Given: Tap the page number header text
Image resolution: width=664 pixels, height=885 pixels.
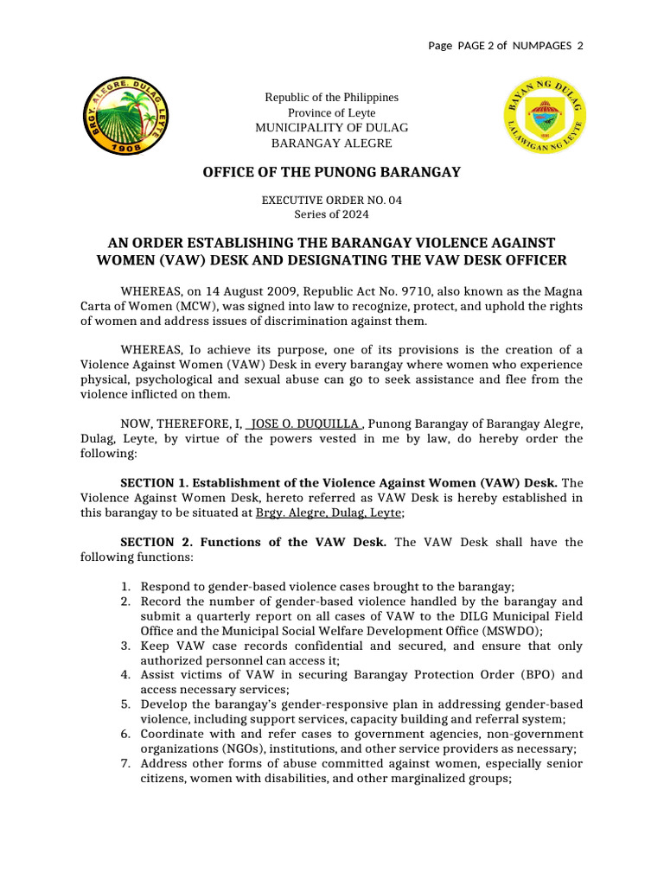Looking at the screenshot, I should tap(506, 45).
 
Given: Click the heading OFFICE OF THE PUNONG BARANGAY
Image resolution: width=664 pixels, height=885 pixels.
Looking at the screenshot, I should tap(331, 172).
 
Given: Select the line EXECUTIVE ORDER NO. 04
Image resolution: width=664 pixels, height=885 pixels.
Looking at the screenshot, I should tap(331, 200).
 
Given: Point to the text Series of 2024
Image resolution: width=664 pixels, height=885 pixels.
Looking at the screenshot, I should tap(331, 213).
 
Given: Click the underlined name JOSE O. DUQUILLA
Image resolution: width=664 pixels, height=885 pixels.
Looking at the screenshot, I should tap(304, 423).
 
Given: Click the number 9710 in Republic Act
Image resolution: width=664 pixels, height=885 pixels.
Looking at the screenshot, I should tap(409, 292).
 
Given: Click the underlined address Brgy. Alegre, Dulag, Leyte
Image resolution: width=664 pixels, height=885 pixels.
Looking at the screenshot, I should tap(329, 513).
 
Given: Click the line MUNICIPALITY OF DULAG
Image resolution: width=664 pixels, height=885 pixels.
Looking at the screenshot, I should tap(331, 128).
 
